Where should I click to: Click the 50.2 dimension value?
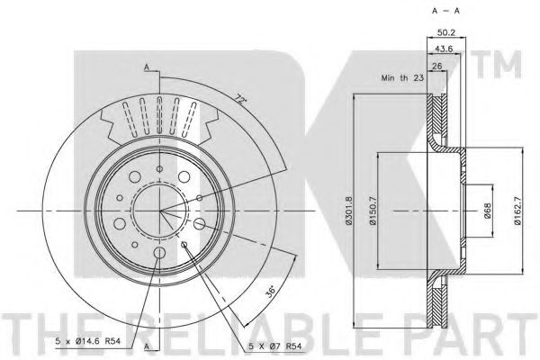446,32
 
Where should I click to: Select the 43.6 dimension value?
444,49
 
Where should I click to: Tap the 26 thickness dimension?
436,66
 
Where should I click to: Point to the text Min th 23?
402,78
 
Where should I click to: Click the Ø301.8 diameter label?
349,210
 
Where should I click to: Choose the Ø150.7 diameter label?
373,210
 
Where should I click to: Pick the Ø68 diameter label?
488,211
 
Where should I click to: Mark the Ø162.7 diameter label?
518,210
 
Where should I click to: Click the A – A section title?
445,11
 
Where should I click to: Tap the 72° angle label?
240,100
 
